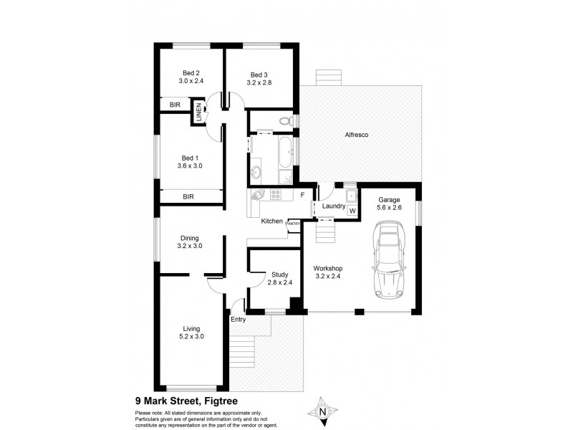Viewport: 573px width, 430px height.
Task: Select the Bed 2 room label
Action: [x=191, y=72]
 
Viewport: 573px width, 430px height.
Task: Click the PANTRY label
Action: [x=294, y=224]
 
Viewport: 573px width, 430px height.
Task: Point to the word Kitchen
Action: [x=272, y=221]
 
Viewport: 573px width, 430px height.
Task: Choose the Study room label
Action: [x=279, y=274]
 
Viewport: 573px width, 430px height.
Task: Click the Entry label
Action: [x=238, y=320]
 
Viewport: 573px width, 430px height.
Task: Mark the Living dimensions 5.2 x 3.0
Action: [x=191, y=336]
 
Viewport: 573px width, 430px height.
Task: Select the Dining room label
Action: [x=190, y=238]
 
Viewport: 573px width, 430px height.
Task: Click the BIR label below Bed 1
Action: [x=188, y=196]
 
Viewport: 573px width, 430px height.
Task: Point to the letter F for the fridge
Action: [x=302, y=195]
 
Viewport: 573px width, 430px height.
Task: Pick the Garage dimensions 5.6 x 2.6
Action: [x=389, y=209]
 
